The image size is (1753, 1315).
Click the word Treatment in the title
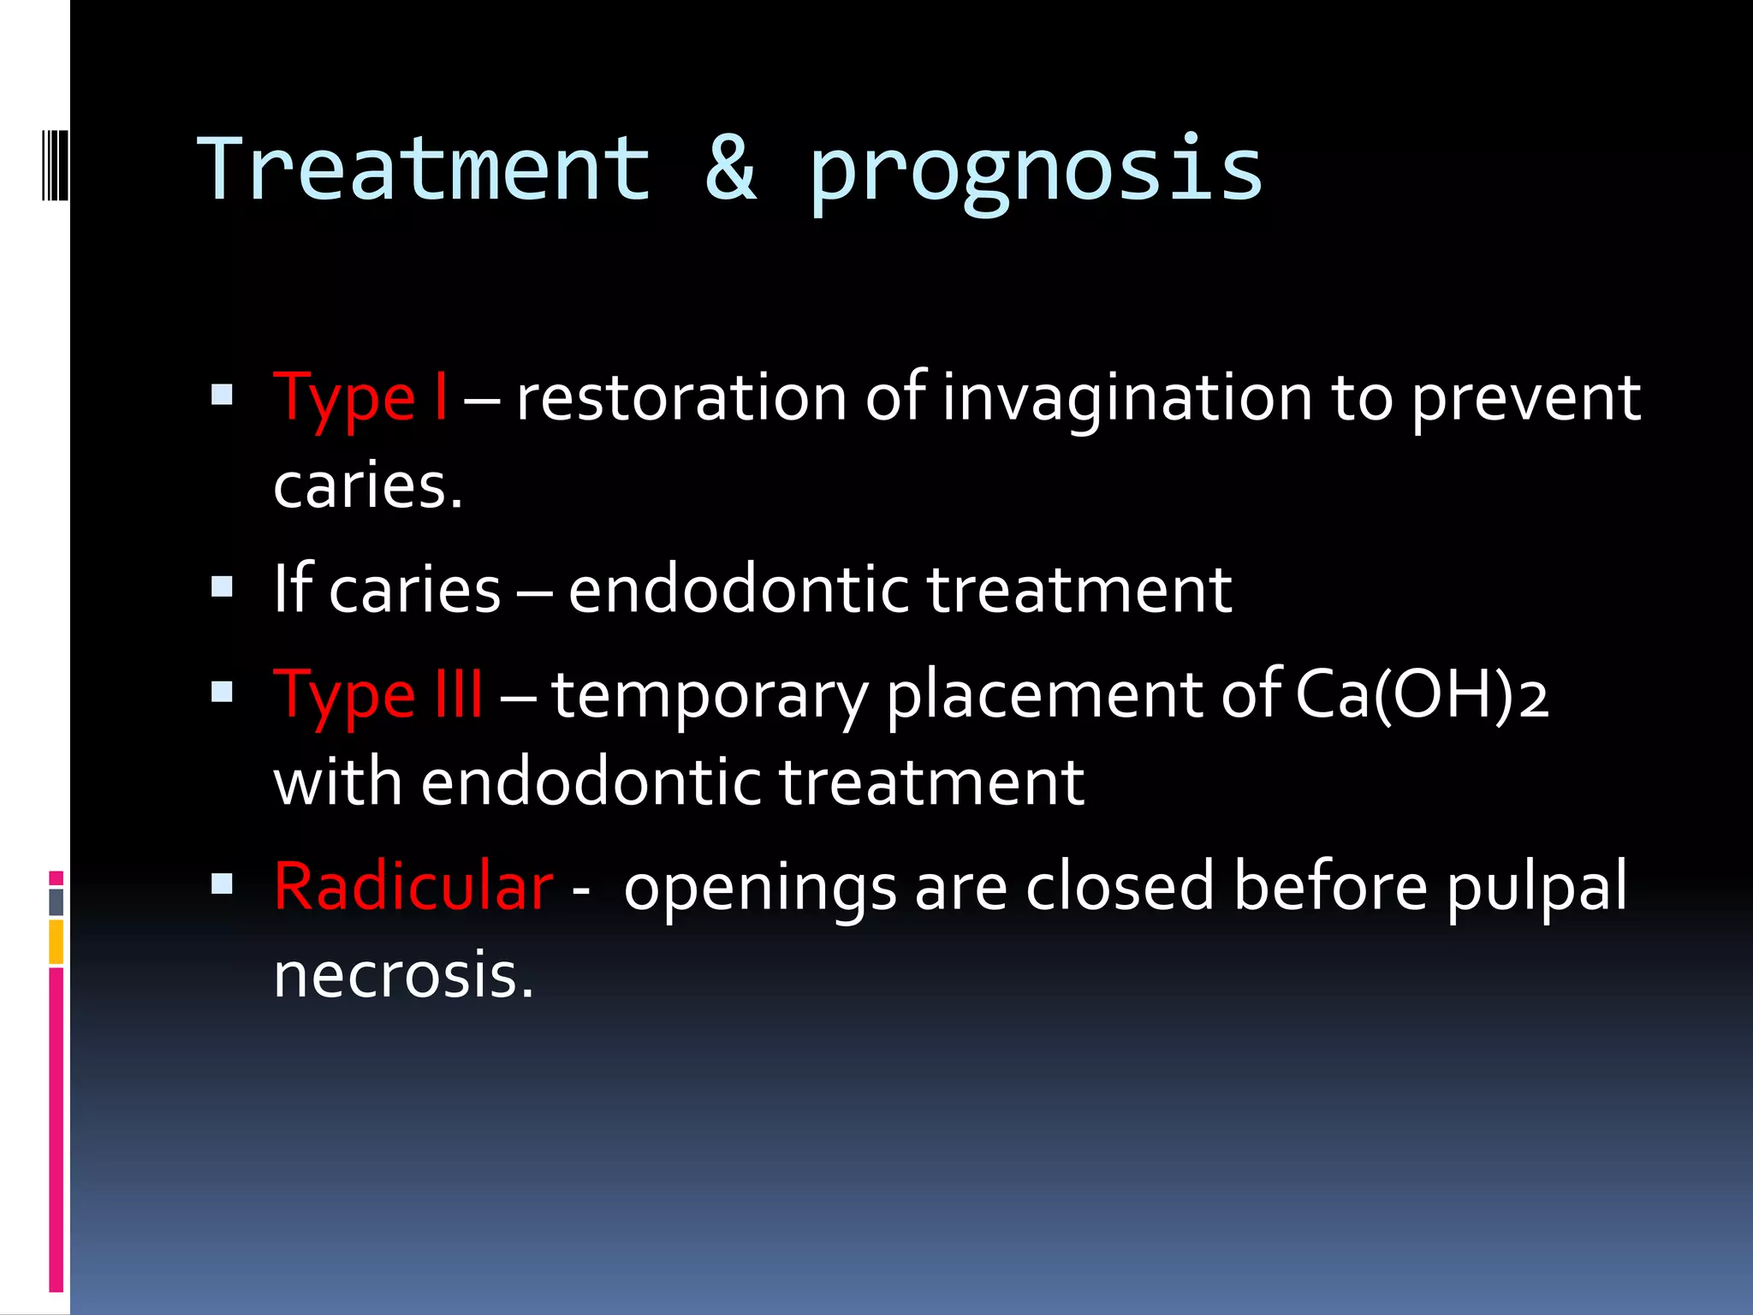coord(424,170)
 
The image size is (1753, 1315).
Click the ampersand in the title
coord(730,170)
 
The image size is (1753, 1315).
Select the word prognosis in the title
coord(1036,171)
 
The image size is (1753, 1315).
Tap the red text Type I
coord(360,398)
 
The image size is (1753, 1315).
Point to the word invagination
coord(1127,398)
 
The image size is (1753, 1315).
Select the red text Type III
coord(377,694)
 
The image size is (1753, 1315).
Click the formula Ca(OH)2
coord(1421,694)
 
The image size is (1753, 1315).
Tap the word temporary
coord(710,696)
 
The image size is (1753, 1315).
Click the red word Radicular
coord(413,886)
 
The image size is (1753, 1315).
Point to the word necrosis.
coord(403,976)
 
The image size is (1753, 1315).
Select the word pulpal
coord(1537,888)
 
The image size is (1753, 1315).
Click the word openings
coord(760,888)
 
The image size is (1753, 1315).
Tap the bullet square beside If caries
coord(223,587)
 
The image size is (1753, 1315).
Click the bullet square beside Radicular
coord(223,884)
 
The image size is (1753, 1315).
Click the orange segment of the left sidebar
coord(56,942)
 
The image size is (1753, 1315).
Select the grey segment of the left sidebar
coord(56,902)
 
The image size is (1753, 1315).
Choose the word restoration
coord(681,398)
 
